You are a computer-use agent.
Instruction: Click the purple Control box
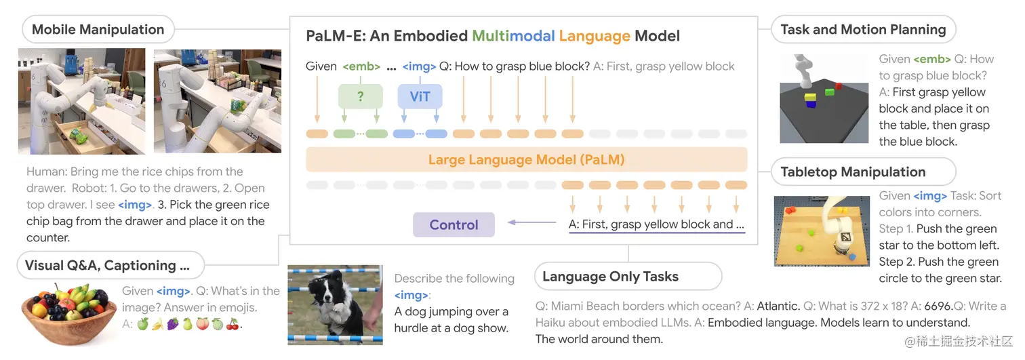pyautogui.click(x=454, y=225)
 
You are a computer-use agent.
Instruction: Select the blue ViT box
pyautogui.click(x=420, y=96)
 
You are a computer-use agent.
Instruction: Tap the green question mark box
pyautogui.click(x=360, y=96)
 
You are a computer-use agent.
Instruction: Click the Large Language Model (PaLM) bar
pyautogui.click(x=526, y=161)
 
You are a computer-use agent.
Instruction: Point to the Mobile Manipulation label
pyautogui.click(x=98, y=30)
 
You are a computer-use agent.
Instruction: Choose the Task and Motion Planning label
pyautogui.click(x=863, y=30)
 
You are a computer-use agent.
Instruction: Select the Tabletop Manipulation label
pyautogui.click(x=853, y=172)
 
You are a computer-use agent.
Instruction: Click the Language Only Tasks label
pyautogui.click(x=610, y=277)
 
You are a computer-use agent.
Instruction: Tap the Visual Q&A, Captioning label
pyautogui.click(x=107, y=265)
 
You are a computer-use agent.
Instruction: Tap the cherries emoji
pyautogui.click(x=233, y=324)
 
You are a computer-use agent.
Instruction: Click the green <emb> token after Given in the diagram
pyautogui.click(x=360, y=66)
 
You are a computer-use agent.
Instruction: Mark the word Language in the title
pyautogui.click(x=594, y=36)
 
